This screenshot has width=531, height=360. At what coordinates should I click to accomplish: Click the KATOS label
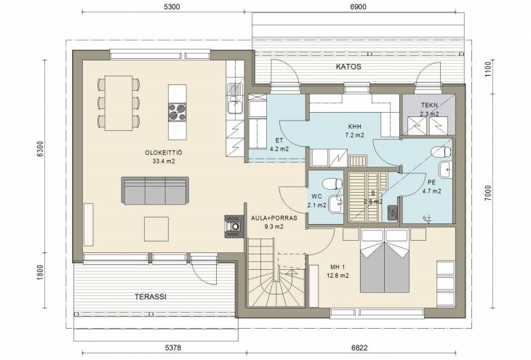(348, 66)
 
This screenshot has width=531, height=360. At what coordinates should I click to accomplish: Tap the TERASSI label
(151, 297)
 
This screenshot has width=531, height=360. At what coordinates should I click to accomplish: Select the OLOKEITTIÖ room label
(164, 153)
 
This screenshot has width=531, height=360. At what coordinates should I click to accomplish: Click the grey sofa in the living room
(155, 191)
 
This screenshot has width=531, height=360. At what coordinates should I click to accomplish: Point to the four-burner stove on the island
(177, 112)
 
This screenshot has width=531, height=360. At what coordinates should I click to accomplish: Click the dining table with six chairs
(119, 103)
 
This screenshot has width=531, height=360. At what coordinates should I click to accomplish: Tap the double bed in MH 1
(384, 261)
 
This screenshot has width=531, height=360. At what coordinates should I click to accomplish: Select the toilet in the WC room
(332, 184)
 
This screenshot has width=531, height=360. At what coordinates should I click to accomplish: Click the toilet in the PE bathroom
(442, 152)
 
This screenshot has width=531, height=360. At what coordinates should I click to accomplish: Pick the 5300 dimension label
(172, 7)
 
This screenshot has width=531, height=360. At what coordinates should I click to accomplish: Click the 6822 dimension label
(359, 348)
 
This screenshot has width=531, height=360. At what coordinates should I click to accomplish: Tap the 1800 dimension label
(40, 272)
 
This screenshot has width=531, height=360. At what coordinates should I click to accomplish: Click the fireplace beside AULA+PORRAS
(234, 226)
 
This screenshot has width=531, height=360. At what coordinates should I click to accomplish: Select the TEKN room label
(429, 105)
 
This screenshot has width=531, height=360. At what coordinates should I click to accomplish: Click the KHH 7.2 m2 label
(354, 131)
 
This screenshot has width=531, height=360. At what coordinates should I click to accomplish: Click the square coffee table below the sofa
(156, 229)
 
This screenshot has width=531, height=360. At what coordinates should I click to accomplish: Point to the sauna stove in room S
(392, 212)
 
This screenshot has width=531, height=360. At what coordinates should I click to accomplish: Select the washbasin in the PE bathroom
(445, 169)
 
